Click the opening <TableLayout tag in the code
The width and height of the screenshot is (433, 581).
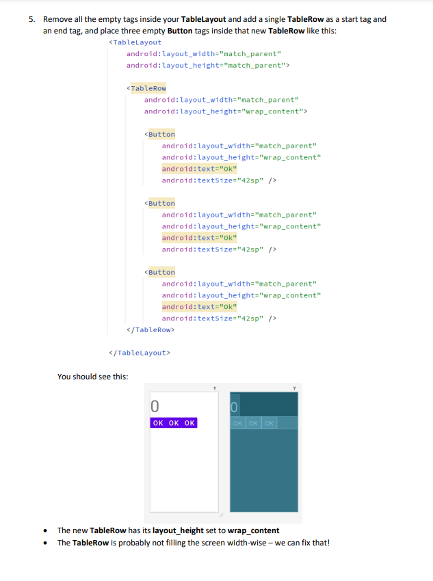coord(135,42)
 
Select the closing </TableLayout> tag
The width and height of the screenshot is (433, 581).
coord(140,353)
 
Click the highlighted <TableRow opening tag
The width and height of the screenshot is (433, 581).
coord(147,88)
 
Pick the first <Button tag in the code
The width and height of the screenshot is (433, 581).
coord(160,134)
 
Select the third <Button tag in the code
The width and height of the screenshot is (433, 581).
coord(160,272)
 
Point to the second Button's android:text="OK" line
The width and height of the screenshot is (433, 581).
coord(199,237)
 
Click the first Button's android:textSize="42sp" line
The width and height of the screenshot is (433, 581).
coord(219,180)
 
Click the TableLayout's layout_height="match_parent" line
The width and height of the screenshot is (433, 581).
coord(208,65)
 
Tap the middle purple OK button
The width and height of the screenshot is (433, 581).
coord(174,423)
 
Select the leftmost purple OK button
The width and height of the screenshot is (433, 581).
coord(158,423)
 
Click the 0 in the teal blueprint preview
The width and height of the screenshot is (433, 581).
coord(235,408)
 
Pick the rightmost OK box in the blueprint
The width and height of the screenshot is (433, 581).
coord(270,423)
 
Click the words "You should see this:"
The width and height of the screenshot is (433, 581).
coord(92,377)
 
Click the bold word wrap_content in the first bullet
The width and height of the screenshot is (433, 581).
coord(254,530)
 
